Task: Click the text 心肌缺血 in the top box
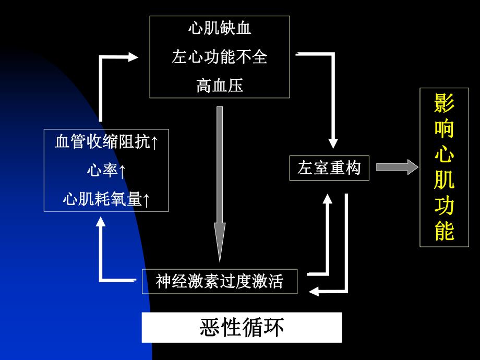220,29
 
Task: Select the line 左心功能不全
220,56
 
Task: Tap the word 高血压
220,85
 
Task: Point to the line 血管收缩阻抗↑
106,142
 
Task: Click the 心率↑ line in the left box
106,171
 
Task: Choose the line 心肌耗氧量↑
106,199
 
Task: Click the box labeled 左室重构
329,169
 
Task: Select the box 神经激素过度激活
220,282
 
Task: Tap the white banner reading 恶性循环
242,328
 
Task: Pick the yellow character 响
444,129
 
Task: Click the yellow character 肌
444,180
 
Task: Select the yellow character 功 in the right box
444,206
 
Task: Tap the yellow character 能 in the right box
444,231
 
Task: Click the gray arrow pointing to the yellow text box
397,167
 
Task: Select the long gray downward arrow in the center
220,183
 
